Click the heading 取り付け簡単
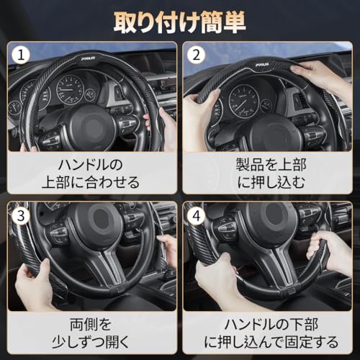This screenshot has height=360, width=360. (x=180, y=19)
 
